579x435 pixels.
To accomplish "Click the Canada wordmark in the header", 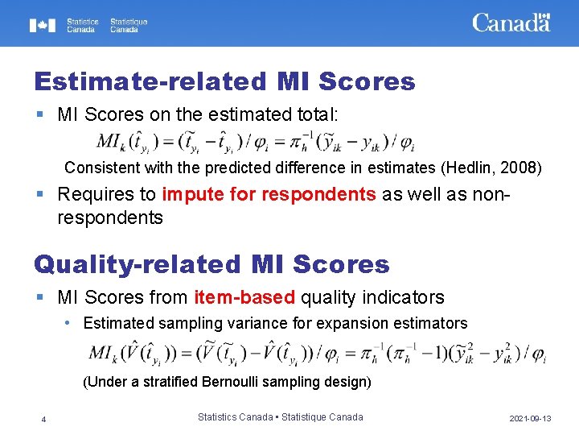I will [x=511, y=23].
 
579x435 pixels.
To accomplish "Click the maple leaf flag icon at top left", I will [x=43, y=25].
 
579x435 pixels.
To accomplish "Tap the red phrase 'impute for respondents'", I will [x=269, y=195].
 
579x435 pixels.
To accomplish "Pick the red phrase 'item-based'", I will [x=244, y=297].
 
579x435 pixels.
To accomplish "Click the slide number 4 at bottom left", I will [x=43, y=418].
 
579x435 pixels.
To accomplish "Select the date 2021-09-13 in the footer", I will [x=530, y=419].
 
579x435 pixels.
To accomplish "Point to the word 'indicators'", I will [x=403, y=297].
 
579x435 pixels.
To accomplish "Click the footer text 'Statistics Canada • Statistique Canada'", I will [x=280, y=417].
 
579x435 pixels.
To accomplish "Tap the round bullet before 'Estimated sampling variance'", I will [x=70, y=323].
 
